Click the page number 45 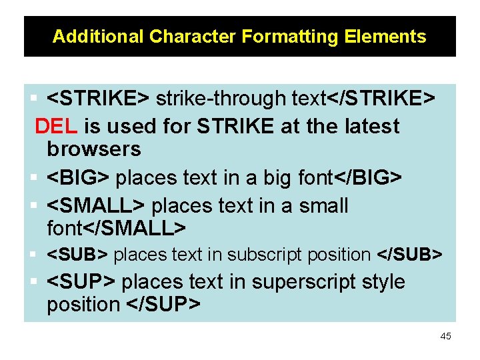[x=445, y=336]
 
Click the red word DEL [x=57, y=126]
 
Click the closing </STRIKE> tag [x=381, y=99]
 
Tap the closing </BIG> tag [x=367, y=178]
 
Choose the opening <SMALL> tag [x=97, y=206]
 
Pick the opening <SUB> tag [x=78, y=255]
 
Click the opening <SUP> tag [x=81, y=282]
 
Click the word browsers [x=94, y=149]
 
